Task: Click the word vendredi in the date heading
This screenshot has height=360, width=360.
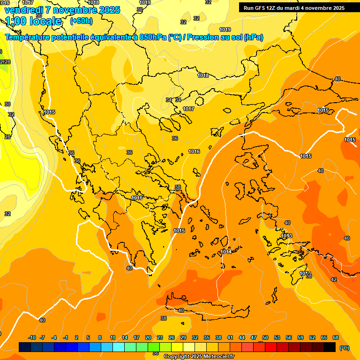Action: pos(23,10)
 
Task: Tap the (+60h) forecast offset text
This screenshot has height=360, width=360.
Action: pos(81,21)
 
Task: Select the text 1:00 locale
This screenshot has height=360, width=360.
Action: pos(33,21)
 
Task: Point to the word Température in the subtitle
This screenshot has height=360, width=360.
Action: pos(30,37)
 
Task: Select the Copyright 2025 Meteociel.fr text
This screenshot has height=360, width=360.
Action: pos(199,357)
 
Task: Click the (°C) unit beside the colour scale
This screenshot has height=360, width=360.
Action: pos(344,347)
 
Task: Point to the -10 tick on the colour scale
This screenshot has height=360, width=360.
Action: pos(32,337)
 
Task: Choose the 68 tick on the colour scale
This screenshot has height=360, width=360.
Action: pos(336,337)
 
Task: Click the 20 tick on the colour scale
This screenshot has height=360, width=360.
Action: pos(148,337)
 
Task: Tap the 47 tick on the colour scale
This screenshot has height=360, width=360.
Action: pos(254,337)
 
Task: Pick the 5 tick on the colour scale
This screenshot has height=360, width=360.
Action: pos(88,337)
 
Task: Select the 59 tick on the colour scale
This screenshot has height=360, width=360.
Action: pos(300,337)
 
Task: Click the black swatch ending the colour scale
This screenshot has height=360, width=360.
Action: pos(330,347)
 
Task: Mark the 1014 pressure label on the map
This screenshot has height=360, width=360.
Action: pos(226,252)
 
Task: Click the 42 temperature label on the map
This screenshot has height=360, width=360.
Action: pos(334,279)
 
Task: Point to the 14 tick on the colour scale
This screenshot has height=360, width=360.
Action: pos(125,337)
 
